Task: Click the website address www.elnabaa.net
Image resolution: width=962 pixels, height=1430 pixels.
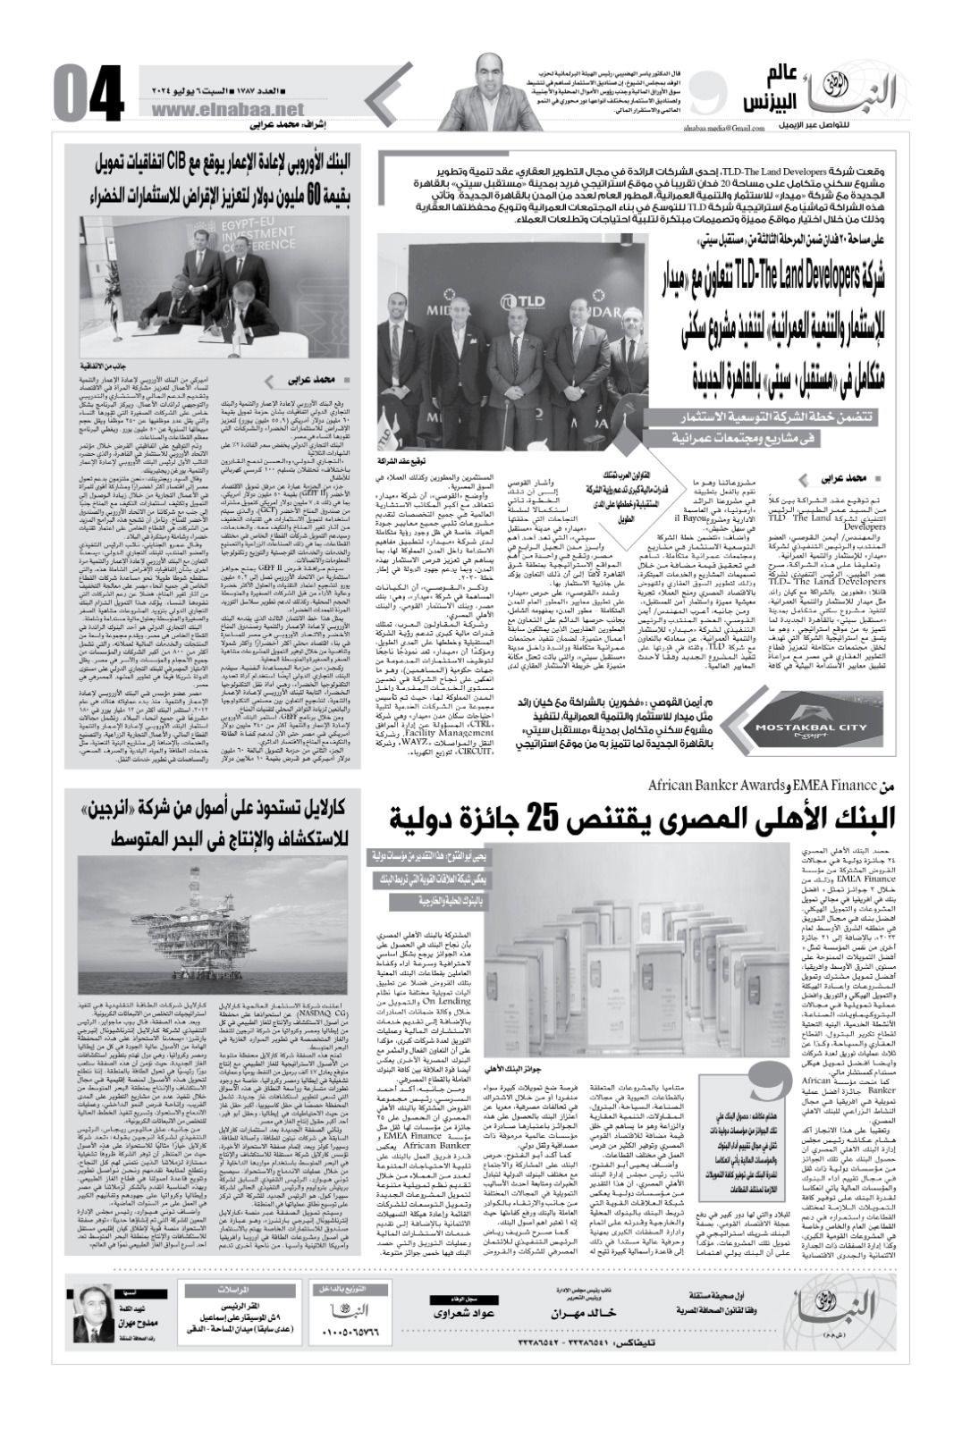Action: [198, 109]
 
